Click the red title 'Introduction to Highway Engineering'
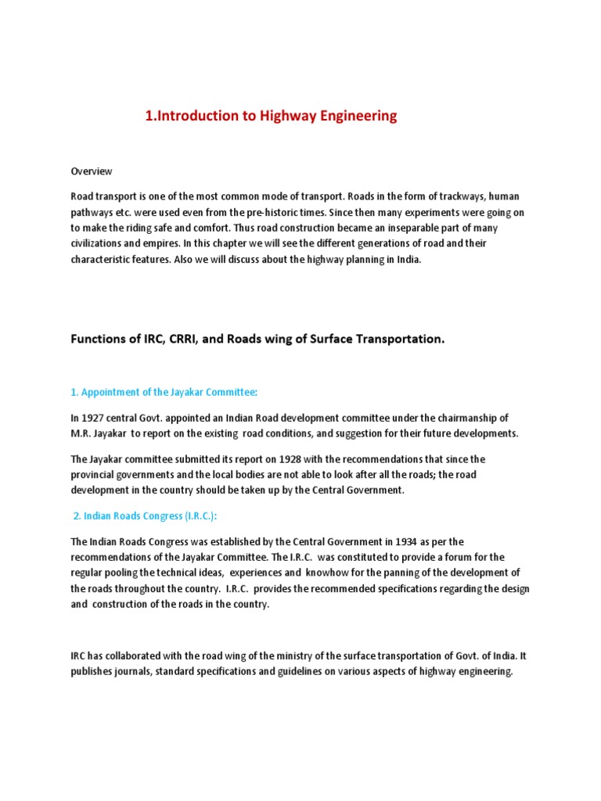(x=271, y=116)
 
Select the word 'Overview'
(x=92, y=171)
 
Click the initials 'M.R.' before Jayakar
(x=82, y=433)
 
